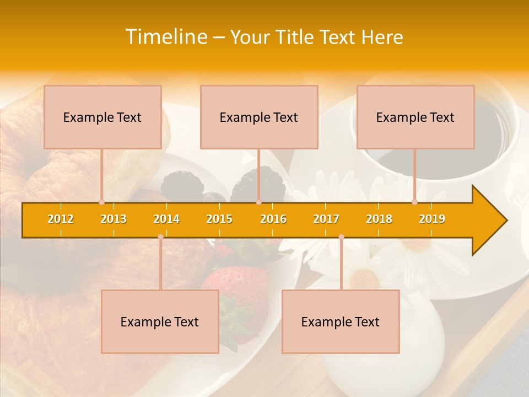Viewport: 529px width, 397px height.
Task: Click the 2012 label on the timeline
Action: click(61, 219)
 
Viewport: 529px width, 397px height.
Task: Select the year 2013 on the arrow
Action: click(114, 219)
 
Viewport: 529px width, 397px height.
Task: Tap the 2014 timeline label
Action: click(166, 219)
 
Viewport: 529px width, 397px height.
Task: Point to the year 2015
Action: click(219, 219)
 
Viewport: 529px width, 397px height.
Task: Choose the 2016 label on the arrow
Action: click(273, 219)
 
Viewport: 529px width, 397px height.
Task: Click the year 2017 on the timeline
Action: click(326, 219)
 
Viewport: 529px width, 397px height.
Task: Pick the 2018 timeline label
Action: click(379, 219)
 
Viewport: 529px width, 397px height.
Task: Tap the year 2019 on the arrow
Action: click(432, 219)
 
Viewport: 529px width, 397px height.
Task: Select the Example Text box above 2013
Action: click(102, 117)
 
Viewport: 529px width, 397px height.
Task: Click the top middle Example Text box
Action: click(259, 117)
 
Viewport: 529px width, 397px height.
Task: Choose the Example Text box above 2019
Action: click(415, 117)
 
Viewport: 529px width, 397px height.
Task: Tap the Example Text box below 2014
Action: click(160, 321)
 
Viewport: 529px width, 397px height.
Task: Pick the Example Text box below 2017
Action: click(341, 321)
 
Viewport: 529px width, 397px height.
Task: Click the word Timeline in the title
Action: click(165, 37)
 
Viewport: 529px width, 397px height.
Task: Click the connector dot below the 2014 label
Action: click(160, 237)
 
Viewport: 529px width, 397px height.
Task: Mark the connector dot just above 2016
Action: click(258, 202)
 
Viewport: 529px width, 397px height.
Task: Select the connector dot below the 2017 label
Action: click(341, 237)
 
